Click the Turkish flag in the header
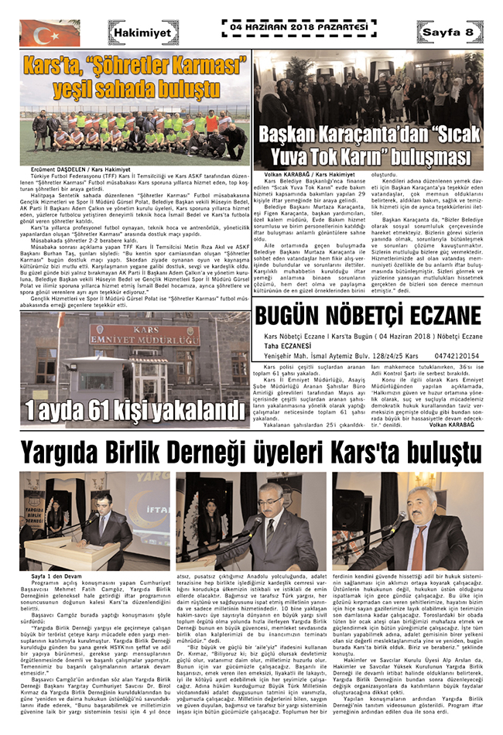click(39, 32)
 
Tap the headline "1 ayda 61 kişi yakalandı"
click(128, 409)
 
